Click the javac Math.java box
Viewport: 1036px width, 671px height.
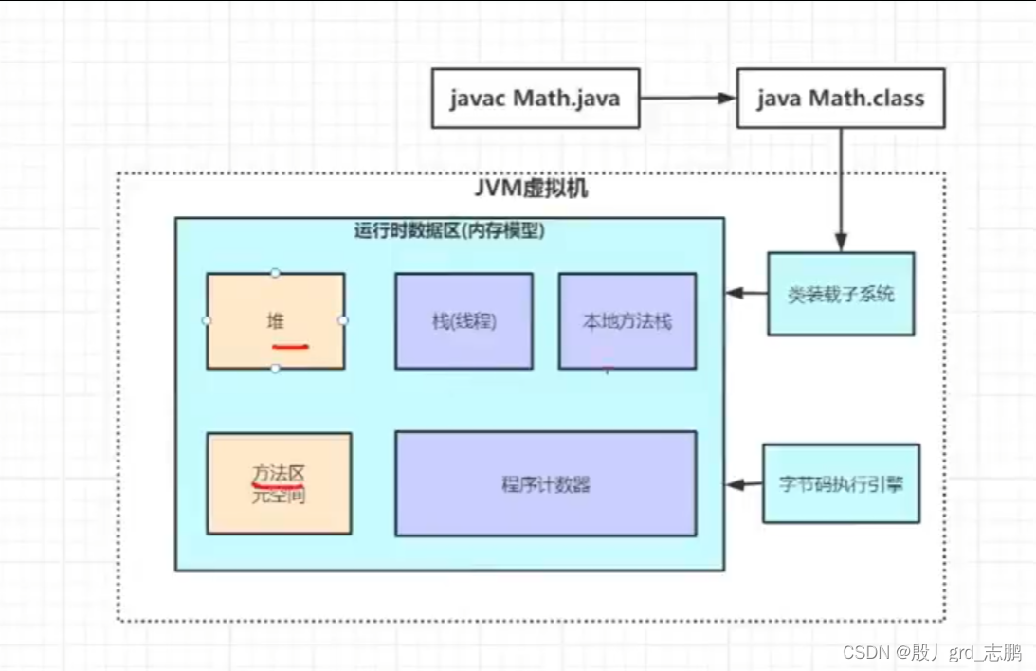click(536, 98)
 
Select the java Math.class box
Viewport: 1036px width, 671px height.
click(840, 98)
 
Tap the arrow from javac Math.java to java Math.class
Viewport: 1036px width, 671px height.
click(688, 98)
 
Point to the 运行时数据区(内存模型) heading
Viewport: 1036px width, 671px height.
click(449, 230)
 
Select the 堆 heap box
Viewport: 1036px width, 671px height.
click(276, 320)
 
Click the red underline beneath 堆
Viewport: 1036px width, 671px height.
click(290, 345)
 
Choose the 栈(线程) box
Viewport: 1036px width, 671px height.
click(463, 320)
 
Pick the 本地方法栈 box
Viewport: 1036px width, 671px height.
click(627, 320)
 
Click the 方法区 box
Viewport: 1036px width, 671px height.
click(279, 482)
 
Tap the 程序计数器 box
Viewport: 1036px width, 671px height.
click(545, 483)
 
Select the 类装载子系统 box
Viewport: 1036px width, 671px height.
click(841, 294)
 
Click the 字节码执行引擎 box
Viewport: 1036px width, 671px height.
click(841, 483)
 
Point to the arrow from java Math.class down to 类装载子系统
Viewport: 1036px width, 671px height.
click(840, 190)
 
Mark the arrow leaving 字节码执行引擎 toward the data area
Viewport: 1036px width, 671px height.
click(745, 484)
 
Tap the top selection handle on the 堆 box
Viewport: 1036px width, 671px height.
click(276, 273)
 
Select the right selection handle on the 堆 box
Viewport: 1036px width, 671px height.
click(344, 320)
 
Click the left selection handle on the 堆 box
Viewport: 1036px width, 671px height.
click(207, 320)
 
